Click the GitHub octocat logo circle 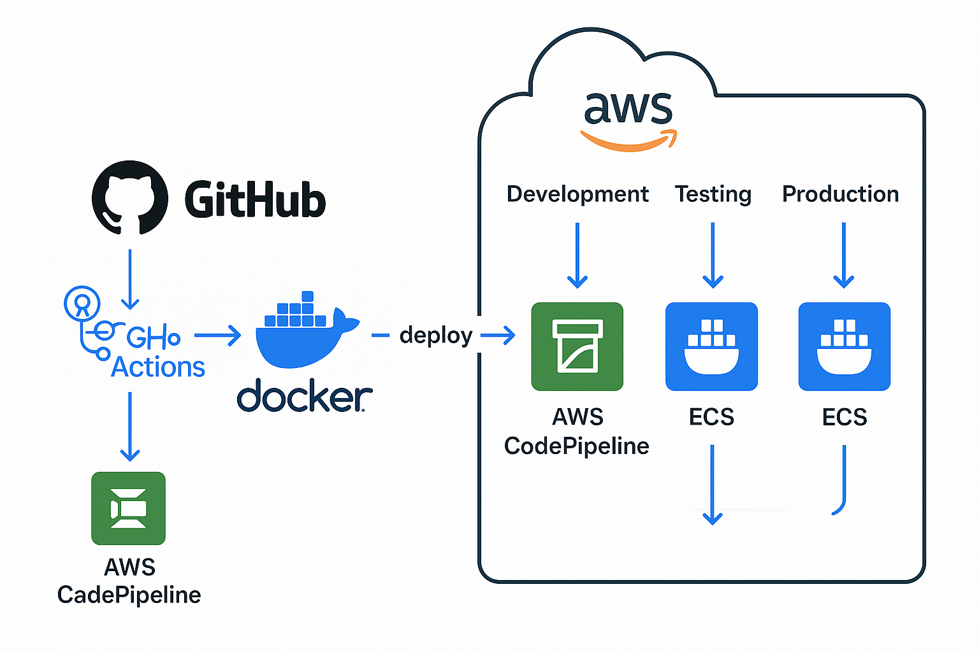click(x=130, y=197)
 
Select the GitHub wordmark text click(x=255, y=199)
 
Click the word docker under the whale click(x=304, y=397)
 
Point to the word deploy click(x=435, y=335)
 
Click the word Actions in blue click(x=158, y=367)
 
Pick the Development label click(x=577, y=194)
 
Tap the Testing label click(x=713, y=194)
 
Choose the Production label click(x=840, y=194)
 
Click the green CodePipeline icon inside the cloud click(x=577, y=346)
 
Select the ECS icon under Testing click(x=711, y=346)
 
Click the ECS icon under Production click(x=844, y=346)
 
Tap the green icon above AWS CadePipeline click(x=129, y=508)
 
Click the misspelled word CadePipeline click(x=129, y=595)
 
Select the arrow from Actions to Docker click(x=217, y=335)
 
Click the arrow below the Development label click(x=577, y=255)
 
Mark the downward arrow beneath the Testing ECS click(x=712, y=484)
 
